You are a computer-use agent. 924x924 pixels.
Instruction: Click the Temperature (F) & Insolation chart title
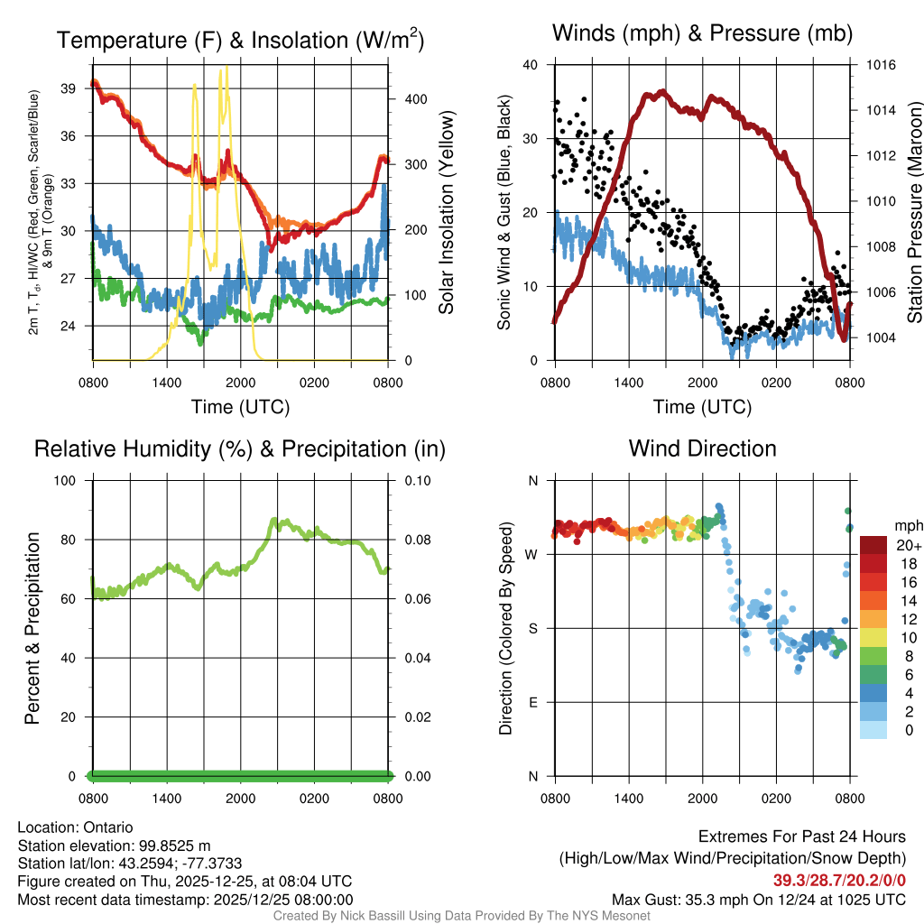pyautogui.click(x=240, y=41)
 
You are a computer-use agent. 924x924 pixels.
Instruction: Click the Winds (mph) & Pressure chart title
pyautogui.click(x=702, y=33)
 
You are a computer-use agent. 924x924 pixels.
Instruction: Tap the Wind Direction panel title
pyautogui.click(x=702, y=448)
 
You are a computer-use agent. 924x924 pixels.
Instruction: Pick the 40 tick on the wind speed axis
pyautogui.click(x=530, y=65)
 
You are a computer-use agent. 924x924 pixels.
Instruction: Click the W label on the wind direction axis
pyautogui.click(x=532, y=555)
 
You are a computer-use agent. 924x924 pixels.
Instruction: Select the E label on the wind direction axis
pyautogui.click(x=533, y=702)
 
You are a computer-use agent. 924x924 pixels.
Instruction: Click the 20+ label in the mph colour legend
pyautogui.click(x=907, y=545)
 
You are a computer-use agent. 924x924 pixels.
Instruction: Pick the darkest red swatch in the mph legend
pyautogui.click(x=873, y=545)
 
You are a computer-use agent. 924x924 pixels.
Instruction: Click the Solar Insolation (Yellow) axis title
pyautogui.click(x=446, y=213)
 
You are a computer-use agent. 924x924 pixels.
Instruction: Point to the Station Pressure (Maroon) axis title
pyautogui.click(x=914, y=213)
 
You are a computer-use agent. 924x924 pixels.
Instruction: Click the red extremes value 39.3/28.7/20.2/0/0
pyautogui.click(x=839, y=880)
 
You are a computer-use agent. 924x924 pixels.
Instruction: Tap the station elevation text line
pyautogui.click(x=114, y=845)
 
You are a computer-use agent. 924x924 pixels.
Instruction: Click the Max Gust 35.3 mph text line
pyautogui.click(x=759, y=899)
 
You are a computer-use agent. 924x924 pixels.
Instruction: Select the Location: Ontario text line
pyautogui.click(x=75, y=827)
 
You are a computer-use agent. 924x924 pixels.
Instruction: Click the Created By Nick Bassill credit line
pyautogui.click(x=461, y=916)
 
